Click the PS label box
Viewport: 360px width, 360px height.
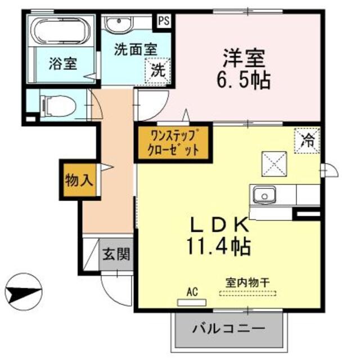(164, 21)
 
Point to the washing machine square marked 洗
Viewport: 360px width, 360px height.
(158, 71)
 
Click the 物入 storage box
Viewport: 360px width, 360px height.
(79, 181)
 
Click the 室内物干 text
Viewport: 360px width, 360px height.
(247, 282)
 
